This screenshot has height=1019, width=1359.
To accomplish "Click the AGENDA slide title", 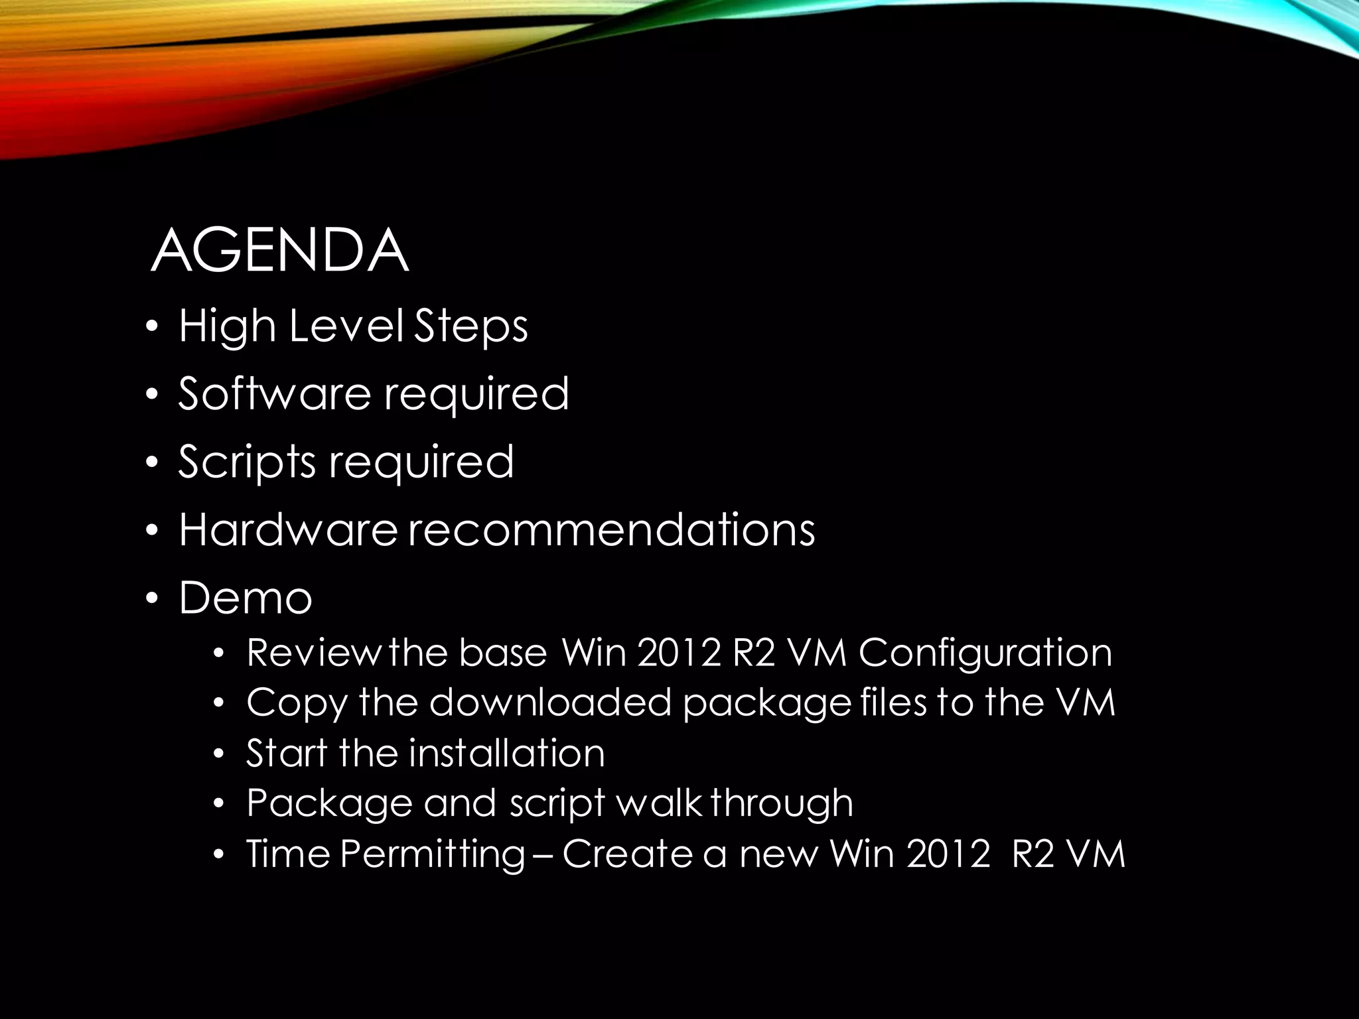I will pyautogui.click(x=279, y=250).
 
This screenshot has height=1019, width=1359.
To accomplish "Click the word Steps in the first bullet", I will pyautogui.click(x=471, y=326).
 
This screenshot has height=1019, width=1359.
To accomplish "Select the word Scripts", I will pyautogui.click(x=247, y=462).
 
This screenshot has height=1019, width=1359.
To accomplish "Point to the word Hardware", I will pyautogui.click(x=288, y=530).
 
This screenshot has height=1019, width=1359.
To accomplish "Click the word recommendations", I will pyautogui.click(x=611, y=530).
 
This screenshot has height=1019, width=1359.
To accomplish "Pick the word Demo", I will pyautogui.click(x=246, y=598).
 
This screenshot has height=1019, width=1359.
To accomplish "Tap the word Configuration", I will pyautogui.click(x=985, y=653).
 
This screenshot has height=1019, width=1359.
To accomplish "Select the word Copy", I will pyautogui.click(x=297, y=703).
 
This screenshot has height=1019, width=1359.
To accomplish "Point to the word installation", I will pyautogui.click(x=507, y=753).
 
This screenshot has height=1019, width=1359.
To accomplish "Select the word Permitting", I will pyautogui.click(x=432, y=854).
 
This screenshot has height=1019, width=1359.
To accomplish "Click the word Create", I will pyautogui.click(x=628, y=853).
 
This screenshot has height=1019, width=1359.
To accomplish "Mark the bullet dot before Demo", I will pyautogui.click(x=152, y=598).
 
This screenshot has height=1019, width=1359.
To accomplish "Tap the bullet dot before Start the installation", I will pyautogui.click(x=220, y=754).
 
